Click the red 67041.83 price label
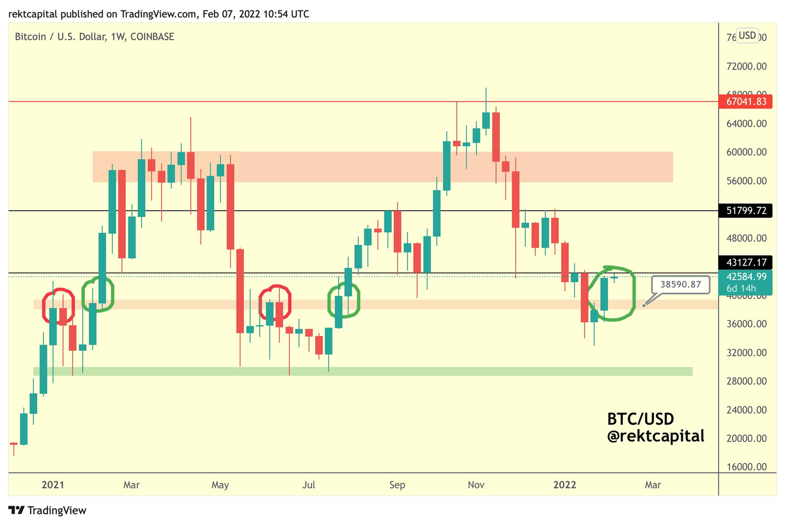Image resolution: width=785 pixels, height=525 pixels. [746, 101]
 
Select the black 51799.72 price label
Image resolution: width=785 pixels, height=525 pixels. [746, 210]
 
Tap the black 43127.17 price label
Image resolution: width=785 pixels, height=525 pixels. [746, 262]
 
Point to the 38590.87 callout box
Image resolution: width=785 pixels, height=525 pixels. [680, 284]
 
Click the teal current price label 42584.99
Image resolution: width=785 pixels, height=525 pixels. [746, 277]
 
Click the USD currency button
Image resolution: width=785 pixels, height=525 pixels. [747, 35]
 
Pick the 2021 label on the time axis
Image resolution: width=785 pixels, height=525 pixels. [53, 485]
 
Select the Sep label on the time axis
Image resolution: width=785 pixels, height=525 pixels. [397, 485]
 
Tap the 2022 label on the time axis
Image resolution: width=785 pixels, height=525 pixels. [565, 485]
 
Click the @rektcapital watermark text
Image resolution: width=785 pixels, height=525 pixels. [655, 436]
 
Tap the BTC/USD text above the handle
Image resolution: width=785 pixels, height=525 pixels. [640, 419]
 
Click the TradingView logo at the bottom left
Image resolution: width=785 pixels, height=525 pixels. [48, 510]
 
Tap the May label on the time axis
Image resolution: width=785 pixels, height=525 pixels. [220, 485]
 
